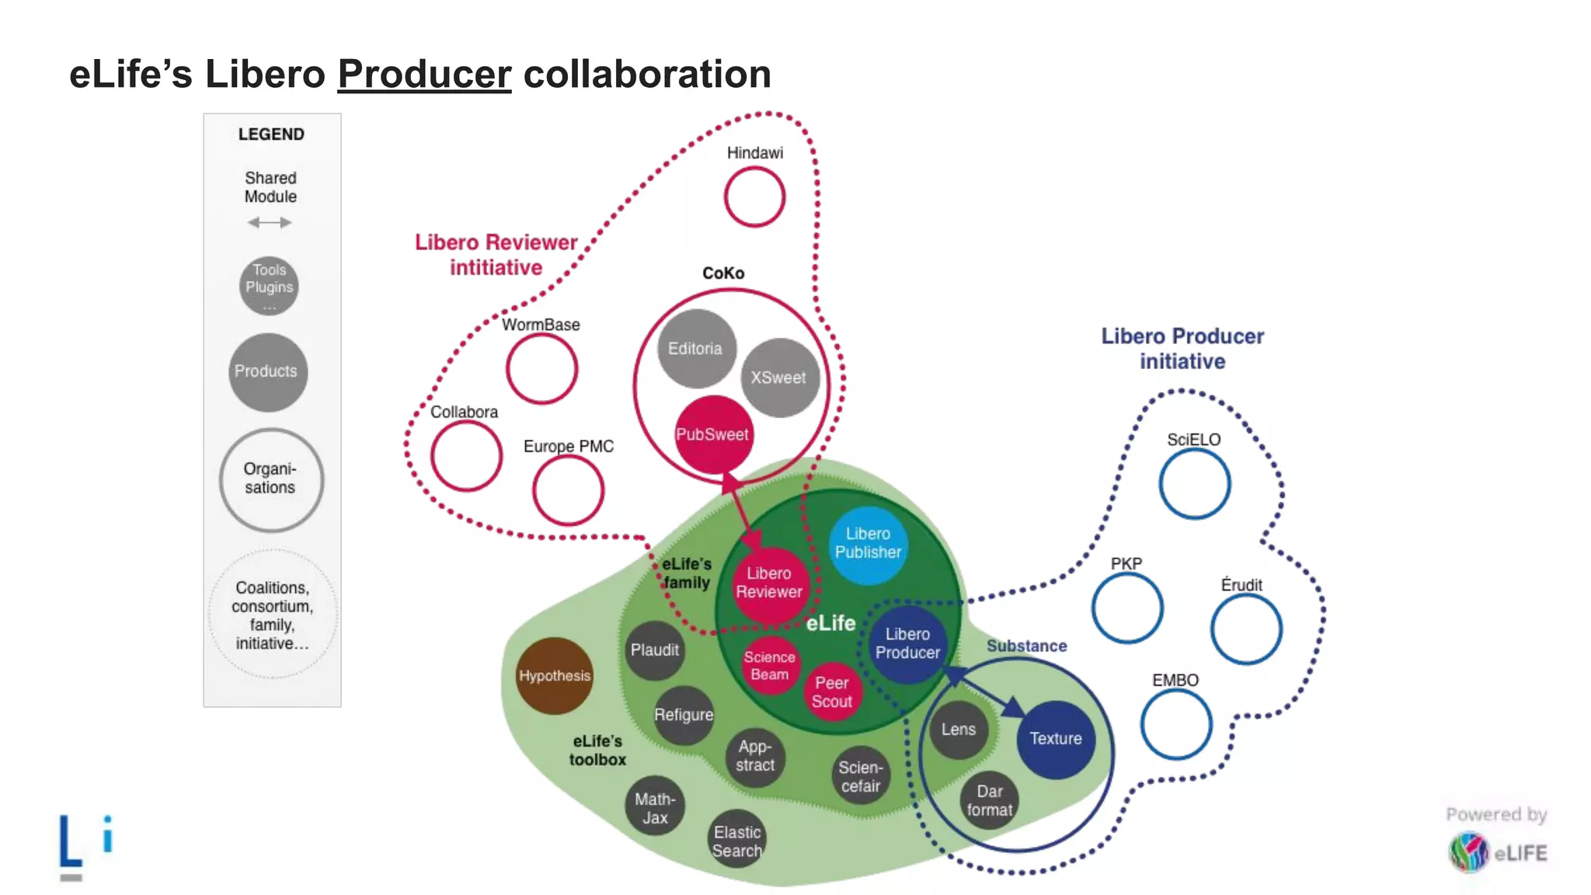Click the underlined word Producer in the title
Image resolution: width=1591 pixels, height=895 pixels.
coord(424,75)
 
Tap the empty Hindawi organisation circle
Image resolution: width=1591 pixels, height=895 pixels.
coord(754,197)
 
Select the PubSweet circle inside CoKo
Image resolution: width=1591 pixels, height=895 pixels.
coord(712,434)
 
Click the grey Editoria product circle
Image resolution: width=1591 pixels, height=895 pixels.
coord(695,349)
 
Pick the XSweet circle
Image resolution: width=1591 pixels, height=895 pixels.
coord(779,378)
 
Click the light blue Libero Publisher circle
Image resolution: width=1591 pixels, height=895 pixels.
coord(868,543)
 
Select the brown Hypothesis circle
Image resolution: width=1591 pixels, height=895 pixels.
coord(555,676)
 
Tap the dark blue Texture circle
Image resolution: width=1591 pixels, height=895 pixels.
coord(1055,739)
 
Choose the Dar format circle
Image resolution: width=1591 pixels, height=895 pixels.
coord(989,801)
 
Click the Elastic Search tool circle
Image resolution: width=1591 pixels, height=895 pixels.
coord(736,841)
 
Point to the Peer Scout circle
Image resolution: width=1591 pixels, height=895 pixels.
coord(832,692)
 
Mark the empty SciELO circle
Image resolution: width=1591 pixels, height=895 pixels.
coord(1194,484)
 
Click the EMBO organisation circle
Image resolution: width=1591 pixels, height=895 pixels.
coord(1175,724)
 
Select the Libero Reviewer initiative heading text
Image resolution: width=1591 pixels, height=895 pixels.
coord(496,255)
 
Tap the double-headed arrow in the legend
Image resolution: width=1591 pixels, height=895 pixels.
coord(270,223)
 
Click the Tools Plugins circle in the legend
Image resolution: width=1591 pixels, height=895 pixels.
coord(269,285)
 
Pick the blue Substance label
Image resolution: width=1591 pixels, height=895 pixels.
coord(1026,646)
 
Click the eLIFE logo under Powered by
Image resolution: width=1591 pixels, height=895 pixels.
coord(1497,853)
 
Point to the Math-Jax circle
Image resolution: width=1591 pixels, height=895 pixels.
coord(655,808)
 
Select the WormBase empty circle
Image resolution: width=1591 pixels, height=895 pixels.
coord(541,368)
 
